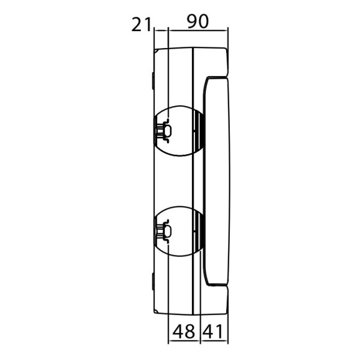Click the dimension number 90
197,22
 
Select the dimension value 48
184,331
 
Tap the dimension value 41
214,331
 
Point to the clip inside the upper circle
164,130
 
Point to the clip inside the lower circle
164,230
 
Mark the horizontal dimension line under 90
197,29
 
